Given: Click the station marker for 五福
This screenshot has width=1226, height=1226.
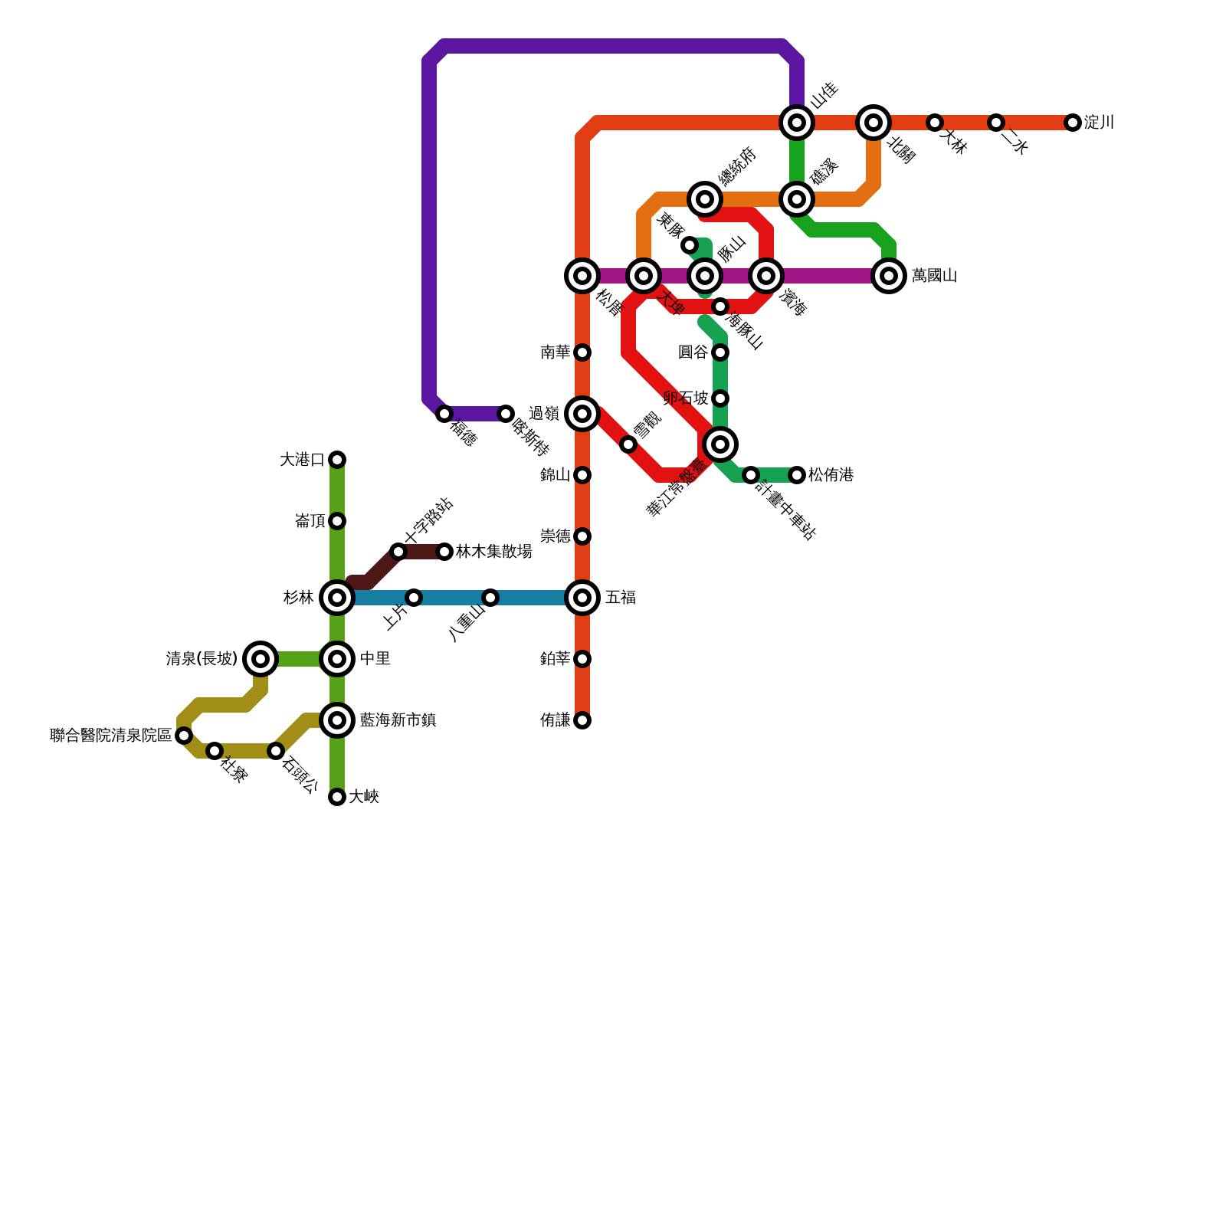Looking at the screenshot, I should pyautogui.click(x=582, y=598).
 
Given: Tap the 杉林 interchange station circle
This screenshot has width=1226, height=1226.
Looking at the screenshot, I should pyautogui.click(x=337, y=598).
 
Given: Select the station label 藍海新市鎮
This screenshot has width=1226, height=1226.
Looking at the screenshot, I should pyautogui.click(x=398, y=720).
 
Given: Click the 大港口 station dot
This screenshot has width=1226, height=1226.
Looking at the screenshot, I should pyautogui.click(x=337, y=460).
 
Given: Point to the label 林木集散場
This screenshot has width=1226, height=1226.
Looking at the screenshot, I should pyautogui.click(x=493, y=552).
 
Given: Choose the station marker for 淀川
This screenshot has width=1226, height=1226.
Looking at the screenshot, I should pyautogui.click(x=1073, y=123).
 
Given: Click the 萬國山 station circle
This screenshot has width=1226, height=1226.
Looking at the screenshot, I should pyautogui.click(x=889, y=276).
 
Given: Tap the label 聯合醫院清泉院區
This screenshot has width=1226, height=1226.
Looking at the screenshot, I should pyautogui.click(x=111, y=736).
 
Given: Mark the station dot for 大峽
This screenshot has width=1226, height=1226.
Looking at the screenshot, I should pyautogui.click(x=337, y=798).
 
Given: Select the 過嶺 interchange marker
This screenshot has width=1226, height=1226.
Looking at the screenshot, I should pyautogui.click(x=582, y=414).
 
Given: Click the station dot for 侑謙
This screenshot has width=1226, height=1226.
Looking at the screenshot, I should pyautogui.click(x=582, y=720).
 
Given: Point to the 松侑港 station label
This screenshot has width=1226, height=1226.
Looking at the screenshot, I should pyautogui.click(x=831, y=475).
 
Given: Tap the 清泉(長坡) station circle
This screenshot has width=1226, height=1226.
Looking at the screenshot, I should pyautogui.click(x=261, y=659).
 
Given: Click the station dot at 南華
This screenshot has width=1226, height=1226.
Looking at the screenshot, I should pyautogui.click(x=582, y=352).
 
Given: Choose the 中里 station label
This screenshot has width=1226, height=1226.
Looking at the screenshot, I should pyautogui.click(x=375, y=659).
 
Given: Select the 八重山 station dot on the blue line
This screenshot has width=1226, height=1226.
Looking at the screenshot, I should pyautogui.click(x=490, y=598).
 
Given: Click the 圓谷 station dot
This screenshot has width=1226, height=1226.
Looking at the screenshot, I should pyautogui.click(x=720, y=352).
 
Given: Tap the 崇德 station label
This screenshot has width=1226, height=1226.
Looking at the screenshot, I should pyautogui.click(x=555, y=536).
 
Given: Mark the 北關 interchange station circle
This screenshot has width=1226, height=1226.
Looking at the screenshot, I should pyautogui.click(x=874, y=123).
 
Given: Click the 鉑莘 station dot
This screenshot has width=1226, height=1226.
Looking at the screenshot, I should pyautogui.click(x=582, y=659).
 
